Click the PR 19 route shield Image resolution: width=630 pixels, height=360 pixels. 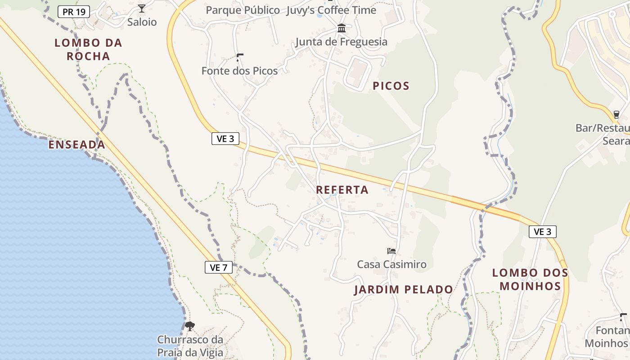coord(74,12)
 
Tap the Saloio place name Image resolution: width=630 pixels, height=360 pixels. coord(142,22)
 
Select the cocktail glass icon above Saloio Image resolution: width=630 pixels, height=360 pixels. coord(142,8)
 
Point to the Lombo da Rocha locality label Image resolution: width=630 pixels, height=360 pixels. coord(88,49)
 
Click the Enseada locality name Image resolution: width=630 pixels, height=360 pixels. coord(76,144)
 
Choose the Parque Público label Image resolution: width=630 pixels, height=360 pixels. coord(243,10)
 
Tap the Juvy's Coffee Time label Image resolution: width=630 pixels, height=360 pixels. coord(331,10)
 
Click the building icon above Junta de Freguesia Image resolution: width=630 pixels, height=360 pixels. coord(342,29)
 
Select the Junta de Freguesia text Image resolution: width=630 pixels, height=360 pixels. coord(341,42)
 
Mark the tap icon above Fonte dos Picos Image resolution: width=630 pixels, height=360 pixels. coord(239,57)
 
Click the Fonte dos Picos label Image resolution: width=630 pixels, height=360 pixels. coord(239,71)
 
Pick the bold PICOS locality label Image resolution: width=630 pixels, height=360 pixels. coord(391,86)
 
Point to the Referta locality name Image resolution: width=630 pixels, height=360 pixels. coord(342,190)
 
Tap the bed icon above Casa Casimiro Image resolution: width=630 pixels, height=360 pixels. coord(391,251)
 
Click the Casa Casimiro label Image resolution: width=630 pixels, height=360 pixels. coord(391,264)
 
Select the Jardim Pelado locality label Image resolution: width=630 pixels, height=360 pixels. coord(403,289)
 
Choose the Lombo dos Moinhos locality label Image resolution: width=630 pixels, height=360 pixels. coord(530,279)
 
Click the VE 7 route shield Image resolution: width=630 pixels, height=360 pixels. coord(218,267)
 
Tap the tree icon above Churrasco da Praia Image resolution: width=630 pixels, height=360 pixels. coord(190,326)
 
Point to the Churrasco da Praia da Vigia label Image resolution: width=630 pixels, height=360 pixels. coord(190,346)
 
